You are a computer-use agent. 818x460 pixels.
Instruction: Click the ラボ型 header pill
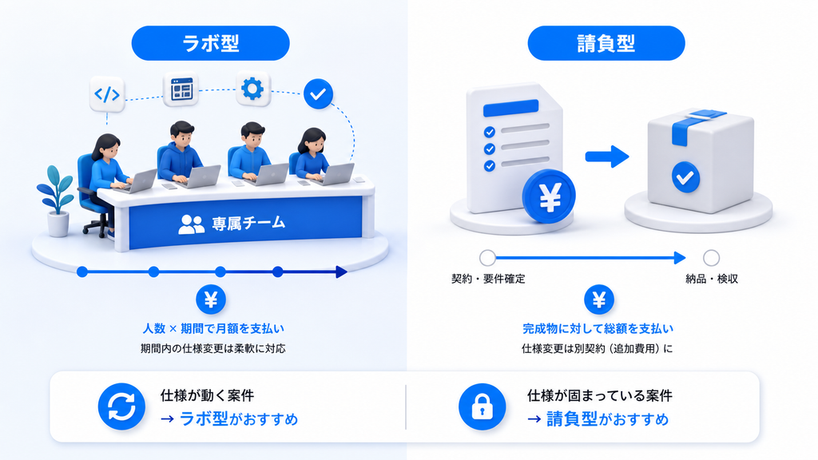click(210, 43)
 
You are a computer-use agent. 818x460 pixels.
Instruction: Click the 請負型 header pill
click(606, 43)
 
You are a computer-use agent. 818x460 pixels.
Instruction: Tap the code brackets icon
click(107, 94)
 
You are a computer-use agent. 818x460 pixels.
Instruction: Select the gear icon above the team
click(252, 89)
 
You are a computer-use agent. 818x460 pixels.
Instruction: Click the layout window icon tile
click(181, 89)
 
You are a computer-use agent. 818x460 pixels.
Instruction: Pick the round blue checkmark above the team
click(318, 94)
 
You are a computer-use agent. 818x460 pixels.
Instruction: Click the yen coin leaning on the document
click(549, 196)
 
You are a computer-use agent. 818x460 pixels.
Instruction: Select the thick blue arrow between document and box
click(607, 157)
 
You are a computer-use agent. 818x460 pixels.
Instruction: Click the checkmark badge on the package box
click(685, 177)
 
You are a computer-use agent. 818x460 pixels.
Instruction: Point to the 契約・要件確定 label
click(488, 279)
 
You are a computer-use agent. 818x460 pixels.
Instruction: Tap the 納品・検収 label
click(712, 279)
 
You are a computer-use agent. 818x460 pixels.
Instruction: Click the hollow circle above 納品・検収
click(711, 258)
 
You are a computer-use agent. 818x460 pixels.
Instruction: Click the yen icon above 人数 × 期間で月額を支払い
click(211, 299)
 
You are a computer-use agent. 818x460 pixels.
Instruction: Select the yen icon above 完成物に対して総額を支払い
click(599, 299)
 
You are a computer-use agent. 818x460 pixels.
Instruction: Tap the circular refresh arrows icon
click(121, 406)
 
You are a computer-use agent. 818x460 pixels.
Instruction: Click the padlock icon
click(482, 406)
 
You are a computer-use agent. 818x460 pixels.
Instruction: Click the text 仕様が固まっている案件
click(600, 395)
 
